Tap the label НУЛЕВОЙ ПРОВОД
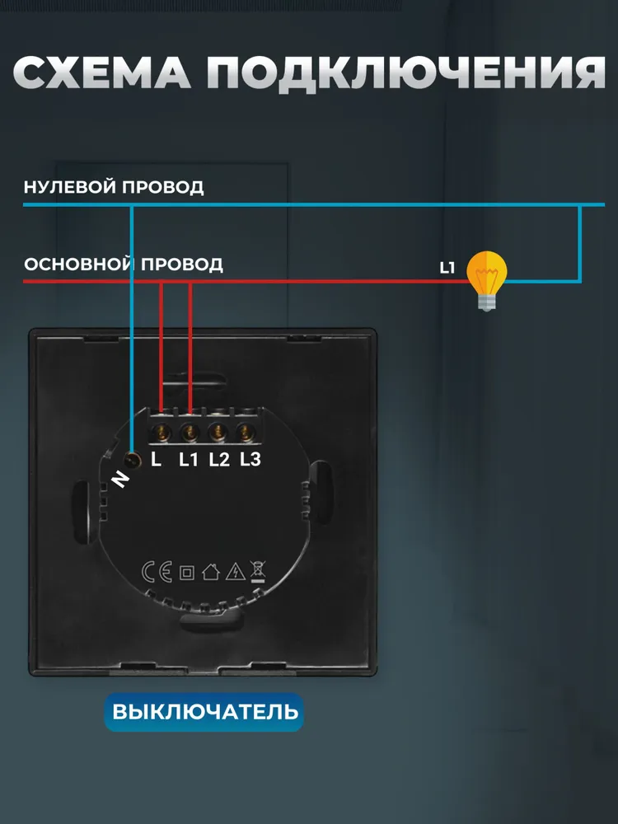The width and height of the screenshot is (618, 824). (114, 187)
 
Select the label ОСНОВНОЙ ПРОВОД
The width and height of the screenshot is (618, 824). (124, 264)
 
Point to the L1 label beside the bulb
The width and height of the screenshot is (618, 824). (447, 268)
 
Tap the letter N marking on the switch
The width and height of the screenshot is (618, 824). (121, 479)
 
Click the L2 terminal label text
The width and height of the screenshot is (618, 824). (220, 460)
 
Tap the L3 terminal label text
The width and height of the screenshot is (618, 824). (250, 459)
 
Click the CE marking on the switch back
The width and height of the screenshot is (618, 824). (157, 572)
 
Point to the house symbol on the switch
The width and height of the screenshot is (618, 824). (211, 572)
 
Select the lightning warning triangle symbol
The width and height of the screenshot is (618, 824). (236, 571)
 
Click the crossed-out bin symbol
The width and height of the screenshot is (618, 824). (258, 572)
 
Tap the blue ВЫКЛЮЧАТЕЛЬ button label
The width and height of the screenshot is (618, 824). (204, 712)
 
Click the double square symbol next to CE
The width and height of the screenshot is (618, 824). (187, 573)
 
